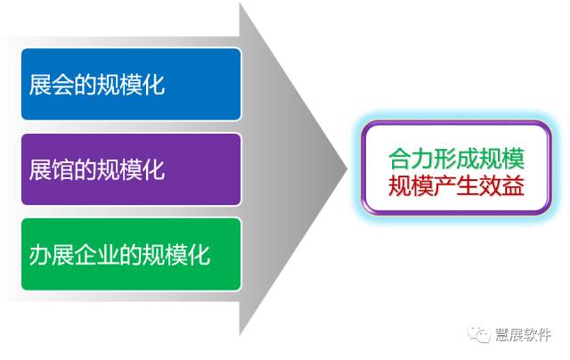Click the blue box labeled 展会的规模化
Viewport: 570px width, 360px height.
131,84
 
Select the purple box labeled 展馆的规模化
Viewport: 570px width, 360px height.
131,169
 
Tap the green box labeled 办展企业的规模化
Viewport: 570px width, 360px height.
131,254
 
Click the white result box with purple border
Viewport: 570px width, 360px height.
456,168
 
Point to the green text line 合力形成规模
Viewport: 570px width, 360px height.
456,159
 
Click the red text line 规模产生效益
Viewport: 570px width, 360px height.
456,185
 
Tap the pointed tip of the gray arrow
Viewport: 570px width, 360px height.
347,168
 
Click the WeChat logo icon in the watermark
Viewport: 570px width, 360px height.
479,334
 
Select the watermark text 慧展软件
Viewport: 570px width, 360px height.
523,334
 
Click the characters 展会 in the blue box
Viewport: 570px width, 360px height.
51,85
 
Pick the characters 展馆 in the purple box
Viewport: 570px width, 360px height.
51,170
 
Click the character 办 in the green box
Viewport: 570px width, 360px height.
40,255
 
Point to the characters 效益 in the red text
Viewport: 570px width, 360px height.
501,185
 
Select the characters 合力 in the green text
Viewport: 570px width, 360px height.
411,159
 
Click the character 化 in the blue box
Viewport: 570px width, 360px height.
153,85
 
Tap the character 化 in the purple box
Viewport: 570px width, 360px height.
153,170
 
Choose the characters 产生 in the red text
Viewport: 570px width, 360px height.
456,185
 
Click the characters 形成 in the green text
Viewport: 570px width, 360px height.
456,159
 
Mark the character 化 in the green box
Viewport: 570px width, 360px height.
199,255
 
